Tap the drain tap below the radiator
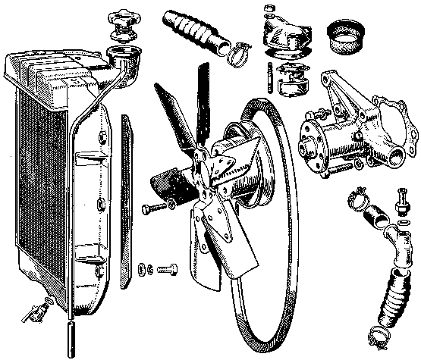pos(36,311)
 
